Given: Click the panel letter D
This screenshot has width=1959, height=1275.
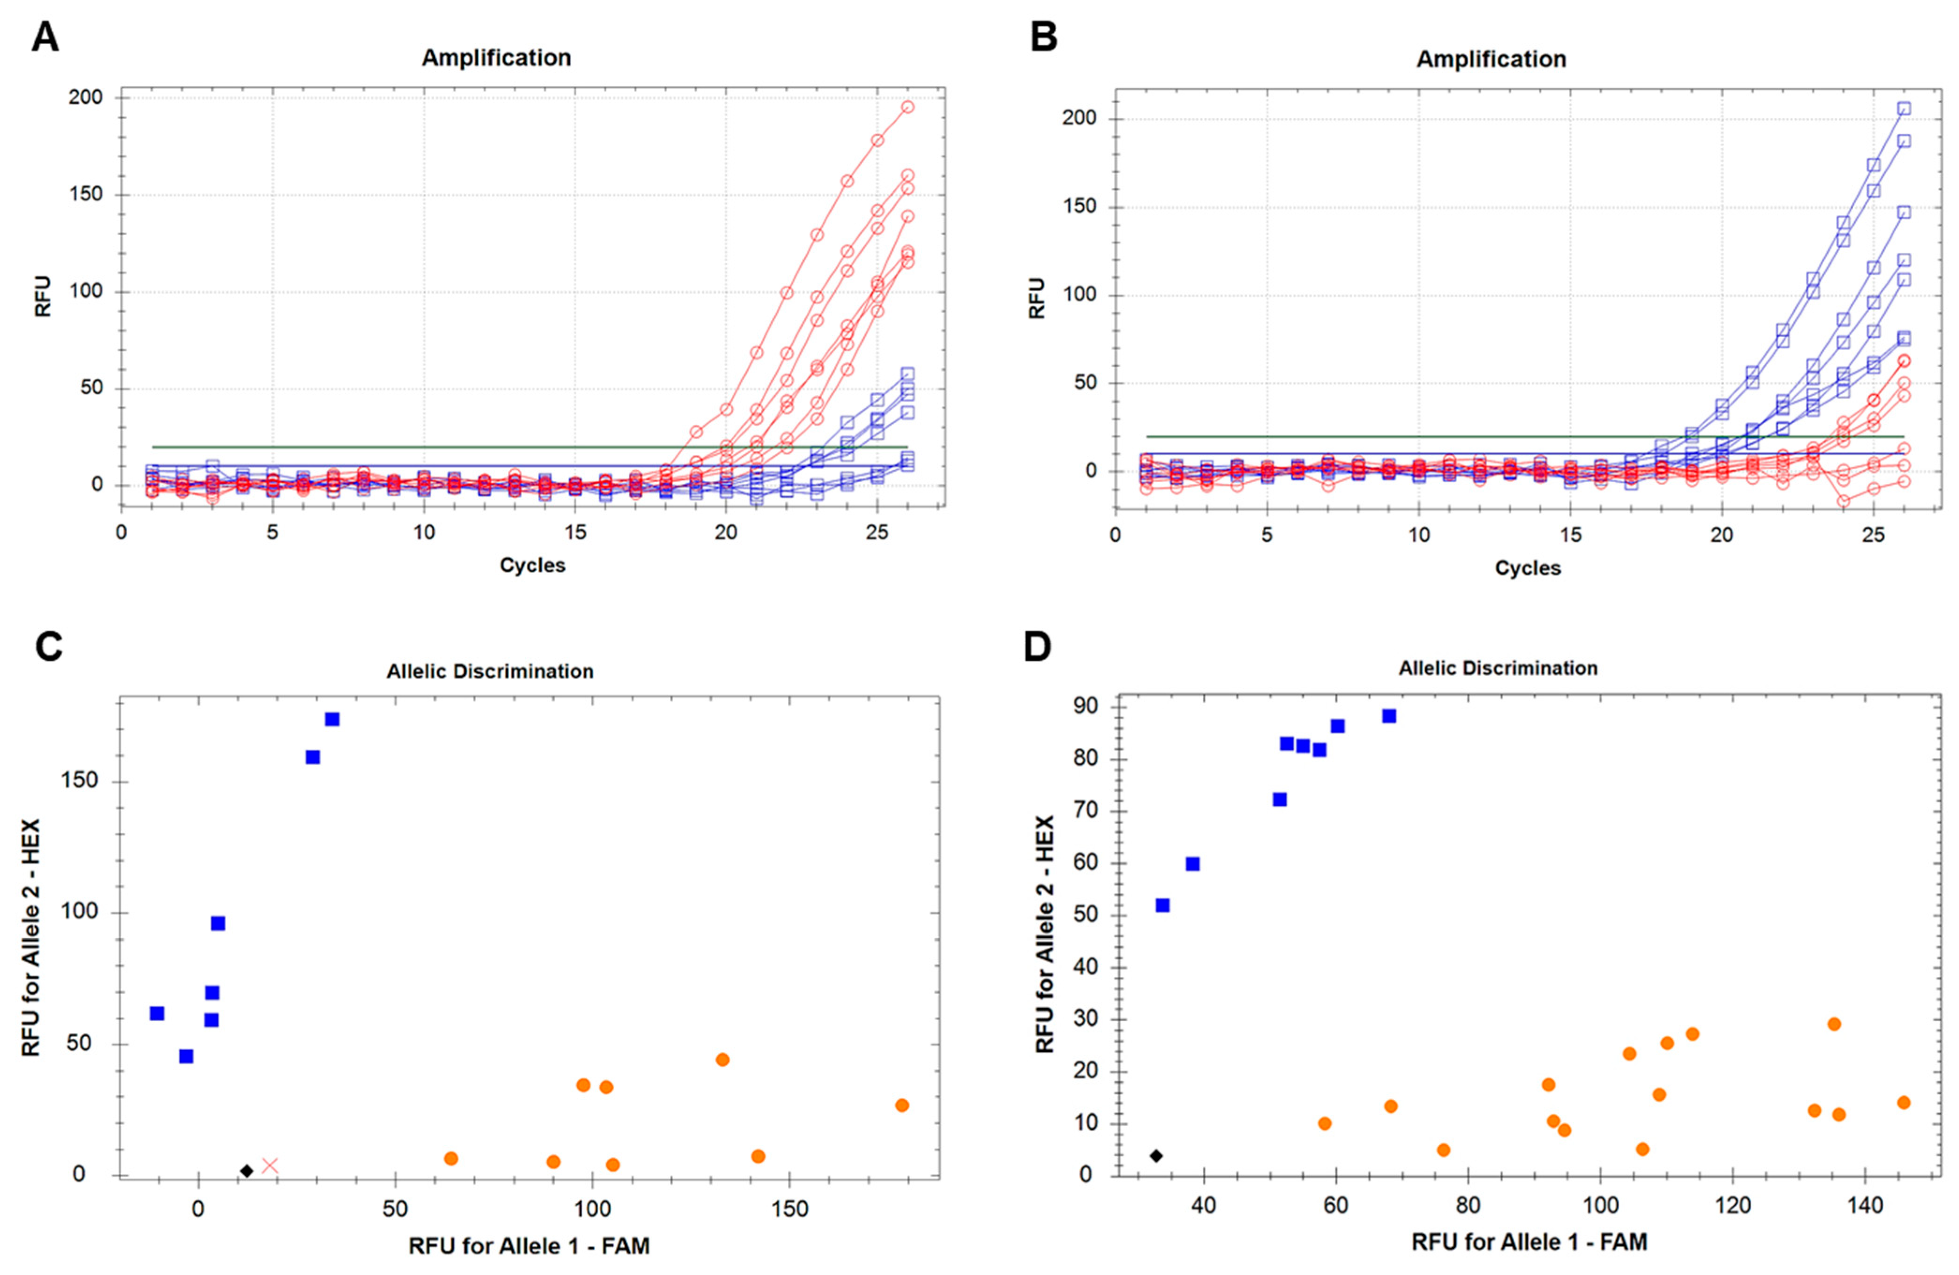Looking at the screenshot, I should coord(1037,647).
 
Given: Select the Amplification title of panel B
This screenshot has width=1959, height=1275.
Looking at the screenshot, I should coord(1491,59).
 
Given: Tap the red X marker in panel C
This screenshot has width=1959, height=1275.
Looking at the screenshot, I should coord(270,1165).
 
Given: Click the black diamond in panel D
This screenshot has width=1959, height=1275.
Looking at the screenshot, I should coord(1156,1156).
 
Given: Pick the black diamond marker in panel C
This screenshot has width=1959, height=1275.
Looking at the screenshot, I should coord(246,1171).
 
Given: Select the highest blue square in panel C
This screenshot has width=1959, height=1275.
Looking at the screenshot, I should coord(332,719).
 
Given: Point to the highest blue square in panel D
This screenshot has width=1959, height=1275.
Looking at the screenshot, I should coord(1389,716).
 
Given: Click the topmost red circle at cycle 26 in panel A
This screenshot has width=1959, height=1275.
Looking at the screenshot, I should coord(907,107).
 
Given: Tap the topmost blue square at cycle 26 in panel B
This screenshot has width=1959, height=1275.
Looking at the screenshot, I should coord(1904,109).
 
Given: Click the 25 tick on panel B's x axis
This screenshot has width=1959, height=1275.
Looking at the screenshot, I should coord(1873,536).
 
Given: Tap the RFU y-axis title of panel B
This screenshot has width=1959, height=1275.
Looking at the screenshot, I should coord(1036,298).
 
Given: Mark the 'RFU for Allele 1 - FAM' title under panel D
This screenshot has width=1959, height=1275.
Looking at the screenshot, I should coord(1529,1242).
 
